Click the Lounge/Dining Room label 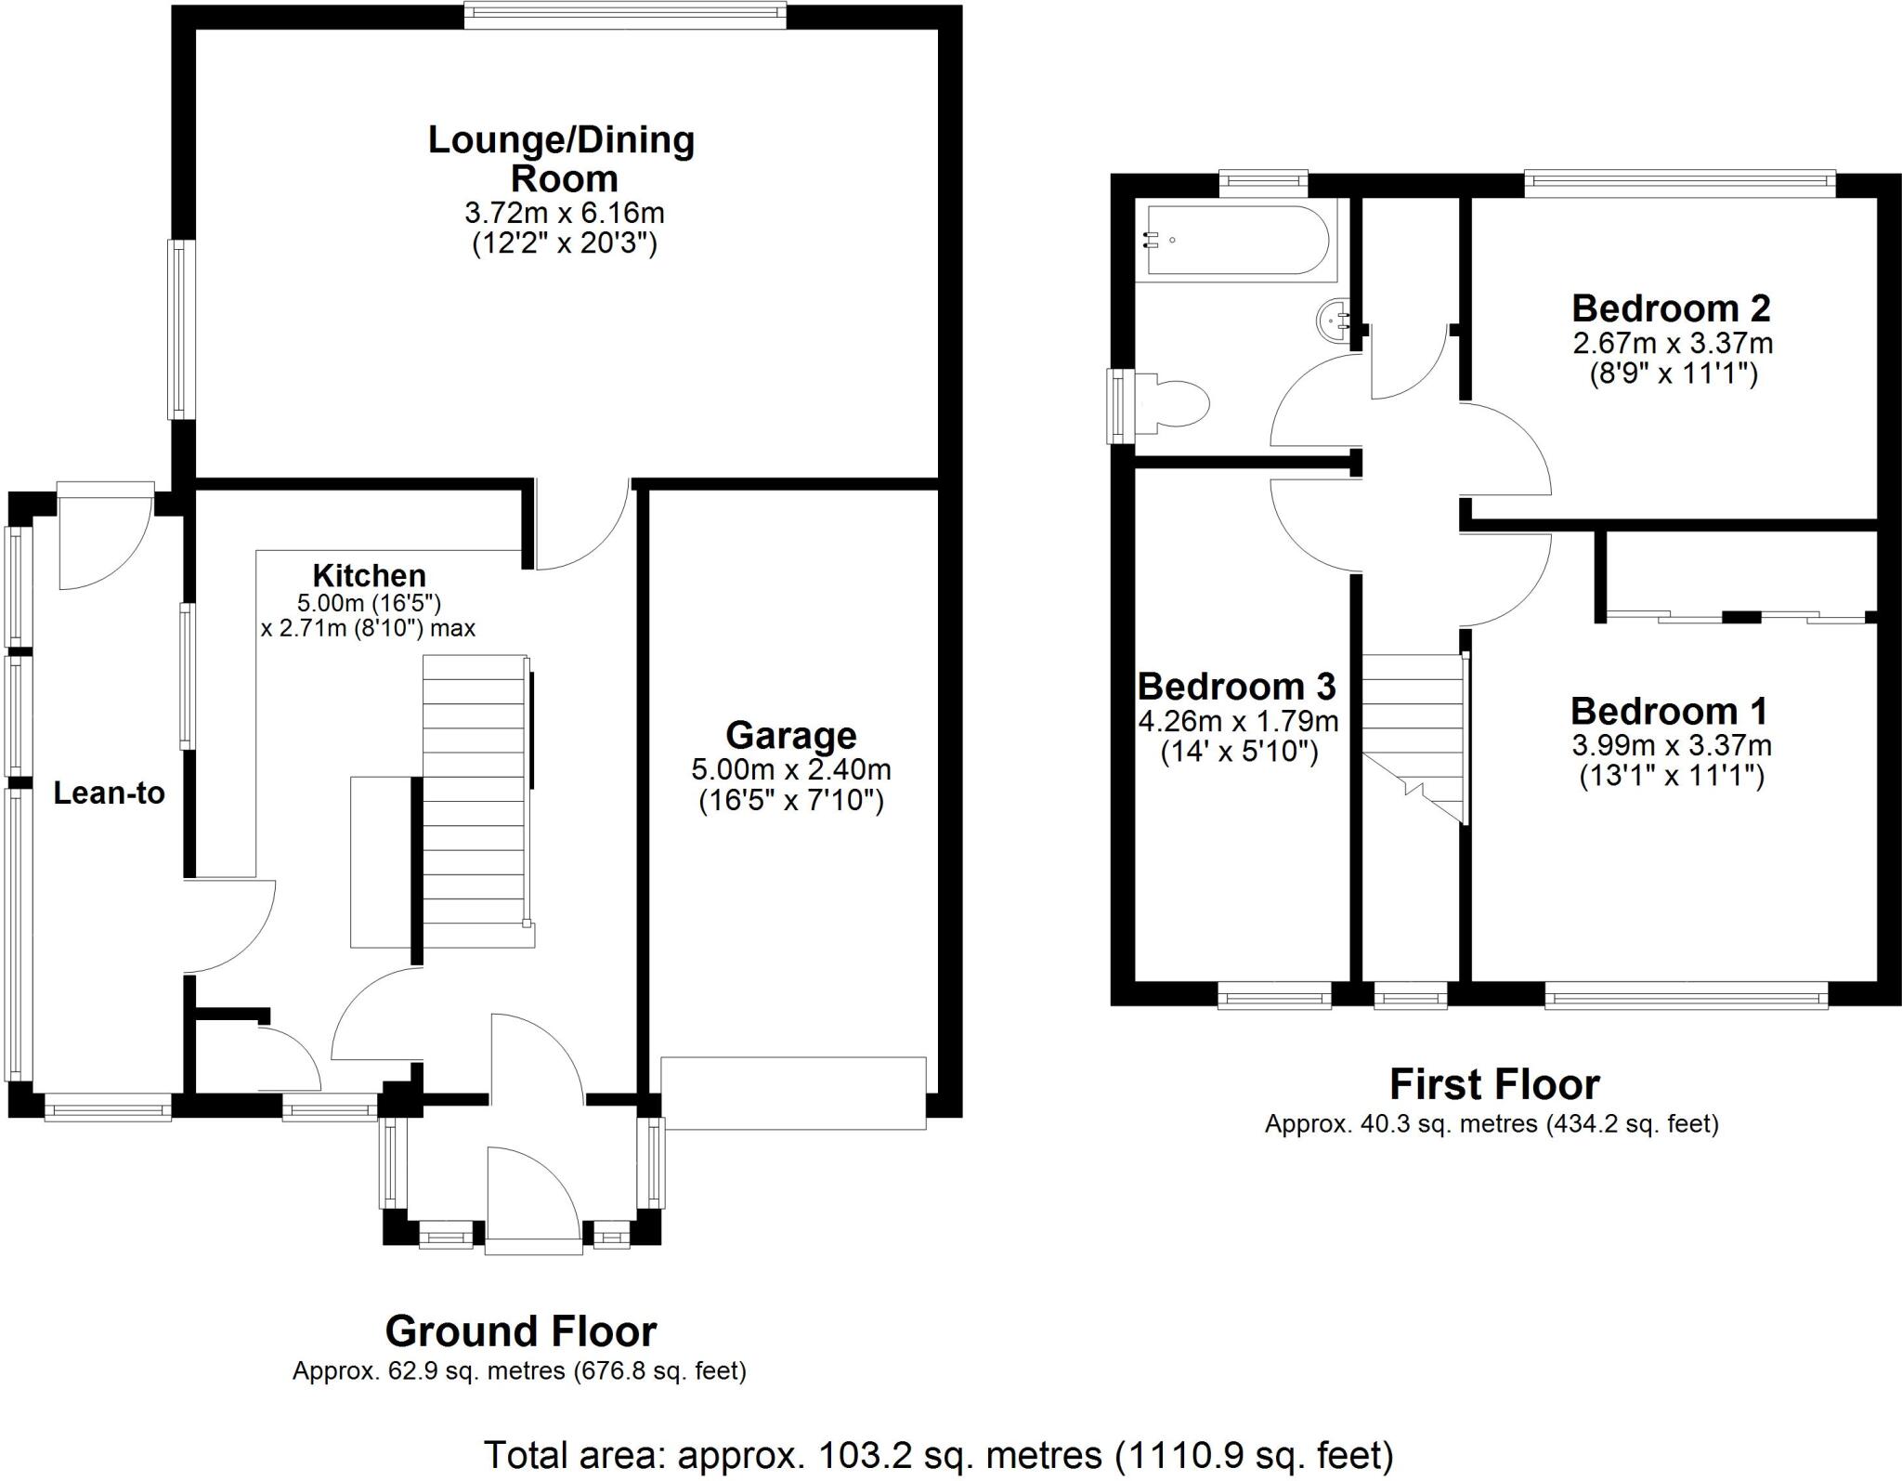(x=561, y=158)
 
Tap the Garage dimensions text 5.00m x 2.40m (x=790, y=769)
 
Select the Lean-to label (x=109, y=793)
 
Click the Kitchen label (x=369, y=575)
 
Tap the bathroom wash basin (x=1334, y=320)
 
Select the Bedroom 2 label (x=1671, y=308)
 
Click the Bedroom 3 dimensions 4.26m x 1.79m (x=1238, y=720)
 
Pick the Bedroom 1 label (x=1669, y=711)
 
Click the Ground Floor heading (x=520, y=1331)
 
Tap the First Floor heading (x=1494, y=1084)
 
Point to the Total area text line (x=938, y=1454)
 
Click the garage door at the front (x=794, y=1093)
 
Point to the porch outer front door (x=533, y=1201)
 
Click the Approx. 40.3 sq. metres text (x=1492, y=1124)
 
